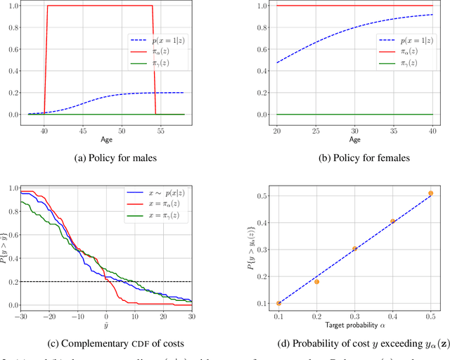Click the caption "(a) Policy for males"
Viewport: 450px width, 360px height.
[105, 158]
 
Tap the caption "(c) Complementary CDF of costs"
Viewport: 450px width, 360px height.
[105, 345]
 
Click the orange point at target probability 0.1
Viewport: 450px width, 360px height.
[278, 303]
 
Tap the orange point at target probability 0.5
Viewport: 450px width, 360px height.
[430, 193]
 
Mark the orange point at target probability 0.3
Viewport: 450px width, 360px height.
[354, 249]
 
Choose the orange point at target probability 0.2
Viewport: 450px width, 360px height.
[316, 282]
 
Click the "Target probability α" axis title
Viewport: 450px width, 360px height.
[354, 326]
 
